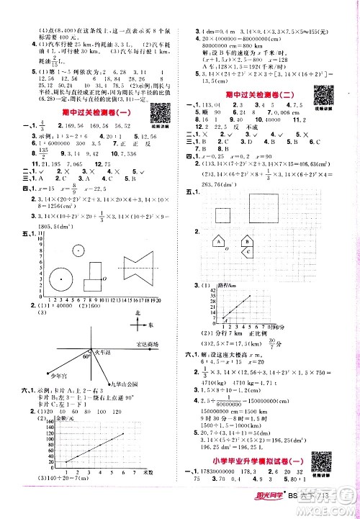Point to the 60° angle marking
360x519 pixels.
point(85,356)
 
